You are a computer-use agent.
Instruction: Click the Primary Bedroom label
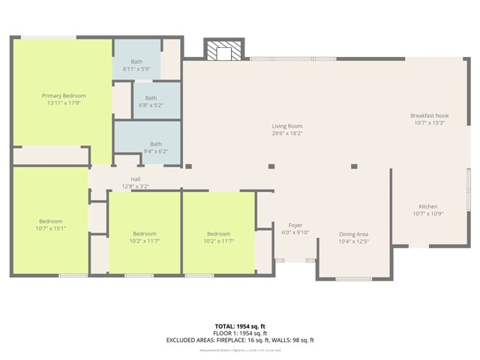[x=64, y=96]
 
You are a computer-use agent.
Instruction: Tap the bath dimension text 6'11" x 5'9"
[x=136, y=69]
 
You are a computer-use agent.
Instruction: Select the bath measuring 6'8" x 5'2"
[x=151, y=101]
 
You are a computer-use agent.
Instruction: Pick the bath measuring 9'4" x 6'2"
[x=155, y=148]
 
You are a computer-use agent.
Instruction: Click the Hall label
[x=136, y=179]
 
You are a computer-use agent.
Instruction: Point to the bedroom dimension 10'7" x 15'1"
[x=51, y=229]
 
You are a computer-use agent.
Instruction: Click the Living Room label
[x=286, y=126]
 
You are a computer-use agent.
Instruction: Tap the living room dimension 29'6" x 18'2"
[x=286, y=133]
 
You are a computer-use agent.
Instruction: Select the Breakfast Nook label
[x=428, y=115]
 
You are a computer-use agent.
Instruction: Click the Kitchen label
[x=427, y=207]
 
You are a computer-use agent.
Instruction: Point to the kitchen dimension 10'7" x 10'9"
[x=427, y=214]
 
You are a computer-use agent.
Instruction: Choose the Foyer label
[x=295, y=225]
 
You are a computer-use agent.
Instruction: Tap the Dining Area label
[x=353, y=234]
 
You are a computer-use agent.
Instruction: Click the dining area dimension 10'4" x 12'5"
[x=353, y=241]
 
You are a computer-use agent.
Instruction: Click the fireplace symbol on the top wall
[x=223, y=51]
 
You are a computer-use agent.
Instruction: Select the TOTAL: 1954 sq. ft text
[x=240, y=326]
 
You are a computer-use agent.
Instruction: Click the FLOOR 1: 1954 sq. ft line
[x=240, y=333]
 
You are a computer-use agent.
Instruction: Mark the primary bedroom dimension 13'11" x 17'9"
[x=64, y=103]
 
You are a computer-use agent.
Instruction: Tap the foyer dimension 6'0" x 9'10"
[x=295, y=232]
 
